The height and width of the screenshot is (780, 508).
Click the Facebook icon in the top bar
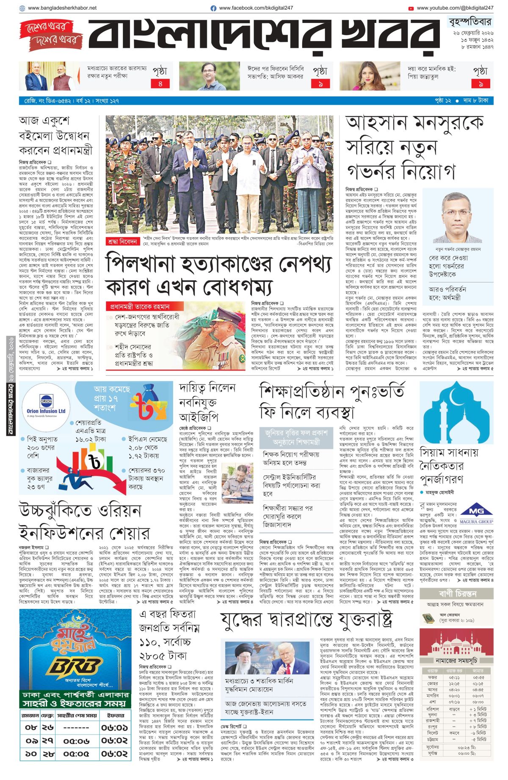click(x=213, y=8)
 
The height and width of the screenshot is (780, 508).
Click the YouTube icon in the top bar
click(x=411, y=8)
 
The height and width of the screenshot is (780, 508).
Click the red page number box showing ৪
click(x=160, y=84)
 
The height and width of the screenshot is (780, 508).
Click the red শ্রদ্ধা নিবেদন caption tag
click(x=122, y=241)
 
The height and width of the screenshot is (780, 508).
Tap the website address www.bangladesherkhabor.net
click(x=62, y=8)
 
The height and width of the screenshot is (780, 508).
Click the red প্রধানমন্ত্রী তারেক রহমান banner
click(x=140, y=306)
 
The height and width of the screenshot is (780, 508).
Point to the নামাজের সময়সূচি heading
click(x=456, y=661)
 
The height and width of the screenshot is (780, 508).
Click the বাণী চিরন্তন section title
click(x=457, y=594)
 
